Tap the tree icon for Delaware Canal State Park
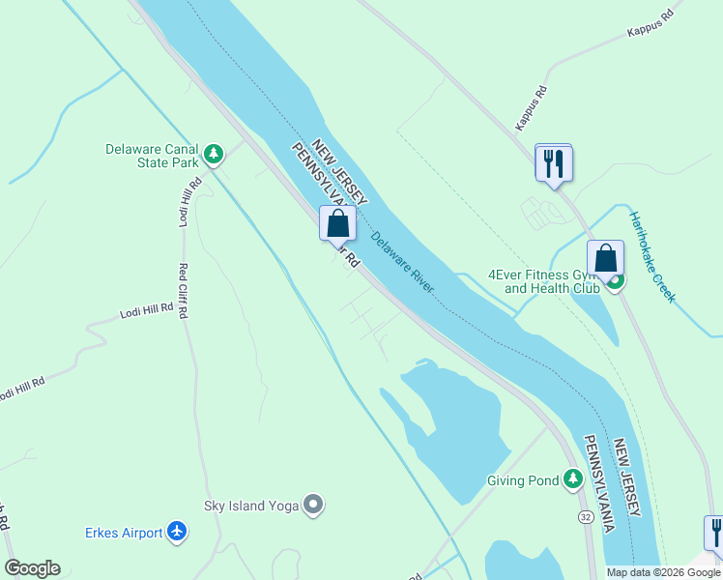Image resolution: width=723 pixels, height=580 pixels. point(214,153)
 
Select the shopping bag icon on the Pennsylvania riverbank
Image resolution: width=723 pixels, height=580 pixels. point(337,223)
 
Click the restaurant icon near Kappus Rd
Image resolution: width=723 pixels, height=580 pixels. point(554,161)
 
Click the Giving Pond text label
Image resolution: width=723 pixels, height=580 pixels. point(523,480)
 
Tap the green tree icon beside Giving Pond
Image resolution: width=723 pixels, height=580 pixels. point(573,478)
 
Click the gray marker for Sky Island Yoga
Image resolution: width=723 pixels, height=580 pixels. point(313,505)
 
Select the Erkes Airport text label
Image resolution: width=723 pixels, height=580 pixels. point(124,531)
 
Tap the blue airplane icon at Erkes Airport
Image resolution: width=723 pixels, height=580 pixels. point(176,531)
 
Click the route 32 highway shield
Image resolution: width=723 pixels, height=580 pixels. point(587,518)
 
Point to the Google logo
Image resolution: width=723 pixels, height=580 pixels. point(32,568)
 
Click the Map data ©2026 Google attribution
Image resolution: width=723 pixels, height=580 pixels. point(663,572)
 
